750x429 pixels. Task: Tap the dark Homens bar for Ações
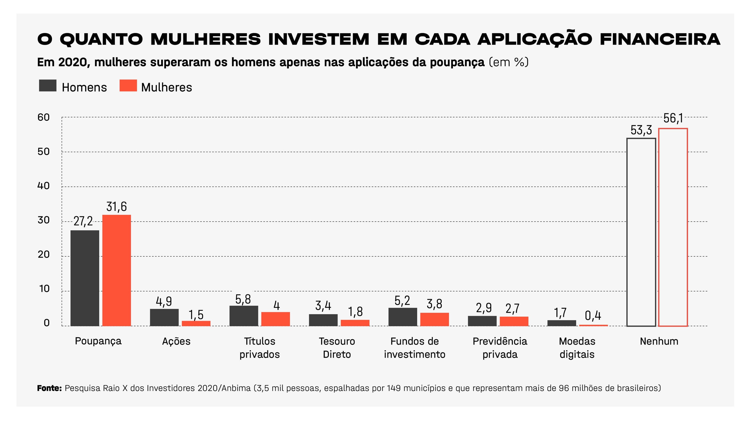coord(164,317)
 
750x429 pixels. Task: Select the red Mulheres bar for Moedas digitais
coord(593,325)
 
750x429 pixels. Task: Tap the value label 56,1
coord(673,118)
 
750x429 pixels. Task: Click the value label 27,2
coord(83,221)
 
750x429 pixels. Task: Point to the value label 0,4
coord(593,316)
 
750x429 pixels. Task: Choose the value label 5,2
coord(402,300)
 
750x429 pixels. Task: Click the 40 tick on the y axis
coord(44,186)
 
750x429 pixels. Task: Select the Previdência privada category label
coord(500,348)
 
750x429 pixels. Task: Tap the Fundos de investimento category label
coord(414,348)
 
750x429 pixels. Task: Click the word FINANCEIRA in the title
coord(660,39)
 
